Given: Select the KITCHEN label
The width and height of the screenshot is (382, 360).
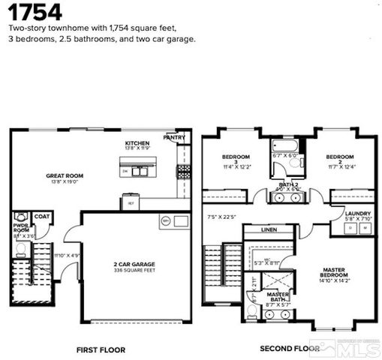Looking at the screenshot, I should coord(137,142).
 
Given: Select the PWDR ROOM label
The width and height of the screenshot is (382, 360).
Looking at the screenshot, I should coord(20,226).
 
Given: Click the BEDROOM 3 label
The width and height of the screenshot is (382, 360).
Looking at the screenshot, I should coord(236,160).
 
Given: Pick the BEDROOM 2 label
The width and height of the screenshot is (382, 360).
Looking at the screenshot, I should coord(340,160).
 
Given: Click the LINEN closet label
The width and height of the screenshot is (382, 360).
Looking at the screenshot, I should coord(269,229).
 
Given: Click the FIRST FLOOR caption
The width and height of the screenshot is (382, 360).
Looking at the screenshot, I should coord(101,349).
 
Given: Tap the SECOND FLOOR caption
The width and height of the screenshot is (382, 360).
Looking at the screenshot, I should coord(286,349).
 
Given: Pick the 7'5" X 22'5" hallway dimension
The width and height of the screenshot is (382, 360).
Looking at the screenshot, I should coord(221,217).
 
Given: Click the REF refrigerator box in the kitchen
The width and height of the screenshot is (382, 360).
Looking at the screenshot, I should coord(130,202).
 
